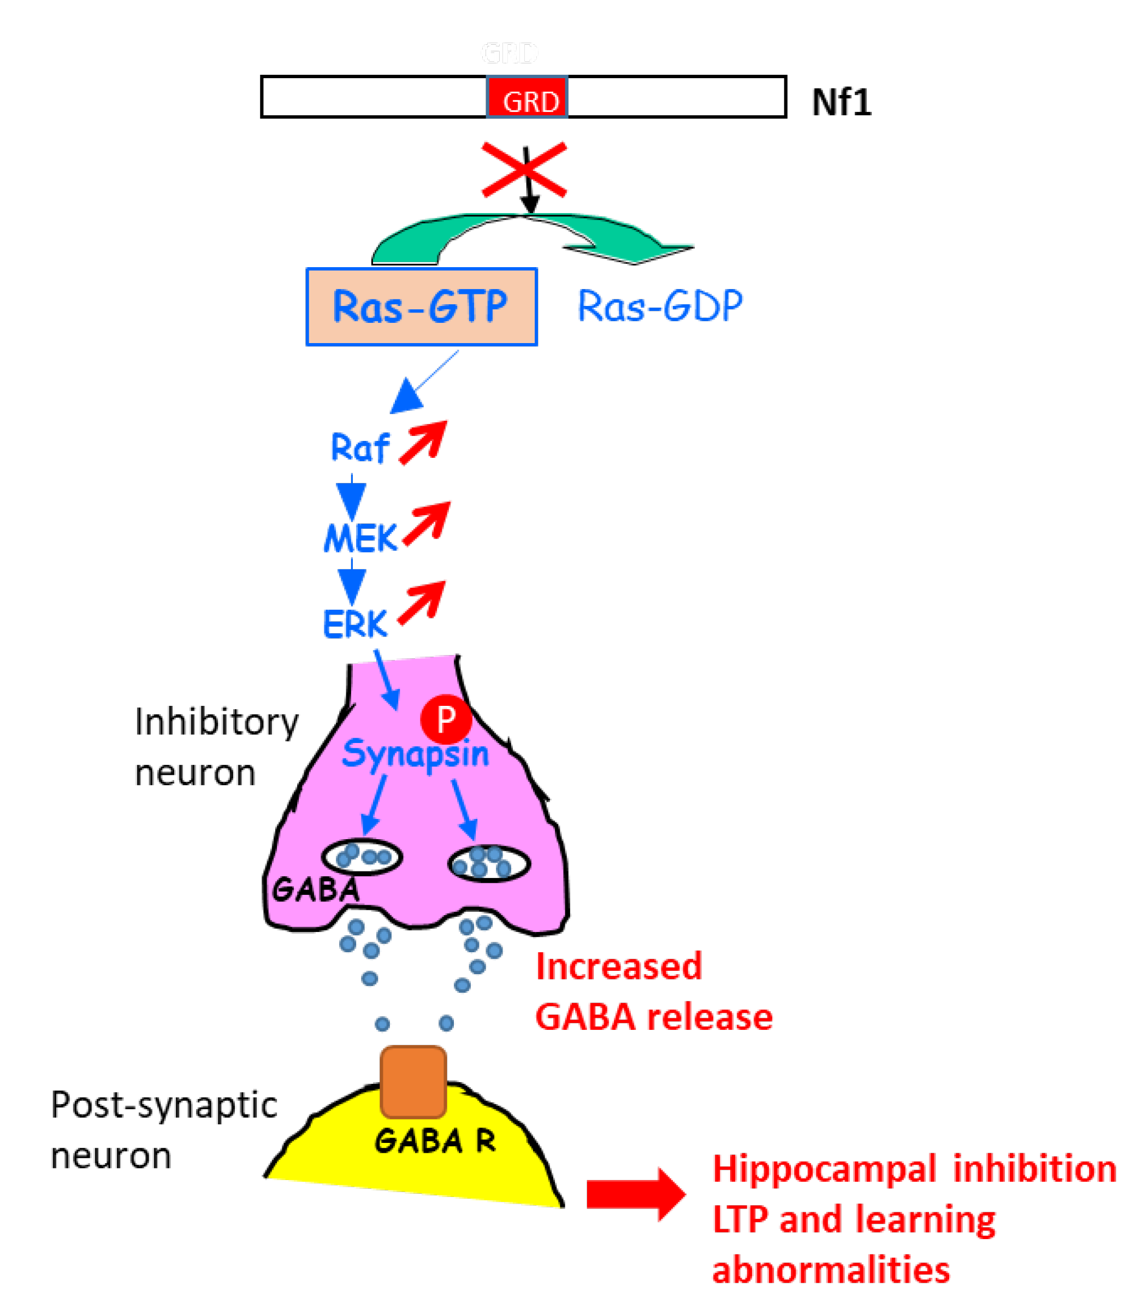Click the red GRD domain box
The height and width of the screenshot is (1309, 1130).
[527, 97]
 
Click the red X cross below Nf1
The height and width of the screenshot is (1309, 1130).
[524, 169]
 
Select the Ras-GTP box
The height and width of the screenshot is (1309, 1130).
[421, 307]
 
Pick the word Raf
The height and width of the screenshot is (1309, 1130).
[360, 448]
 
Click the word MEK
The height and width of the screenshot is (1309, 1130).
[360, 538]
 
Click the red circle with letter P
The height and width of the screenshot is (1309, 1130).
[446, 718]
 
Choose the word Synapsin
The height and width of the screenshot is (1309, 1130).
[415, 754]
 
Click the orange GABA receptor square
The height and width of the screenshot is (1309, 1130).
[413, 1082]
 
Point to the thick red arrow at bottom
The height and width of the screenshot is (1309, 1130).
[635, 1194]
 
